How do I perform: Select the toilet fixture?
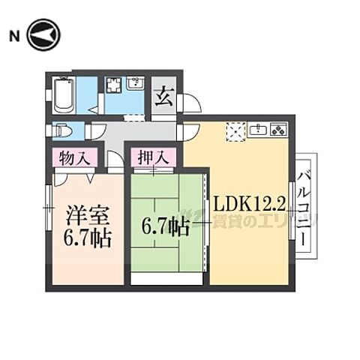click(x=62, y=130)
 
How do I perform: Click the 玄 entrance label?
click(x=163, y=96)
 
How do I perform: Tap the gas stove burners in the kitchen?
click(x=279, y=130)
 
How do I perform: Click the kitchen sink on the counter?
click(x=259, y=130)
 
